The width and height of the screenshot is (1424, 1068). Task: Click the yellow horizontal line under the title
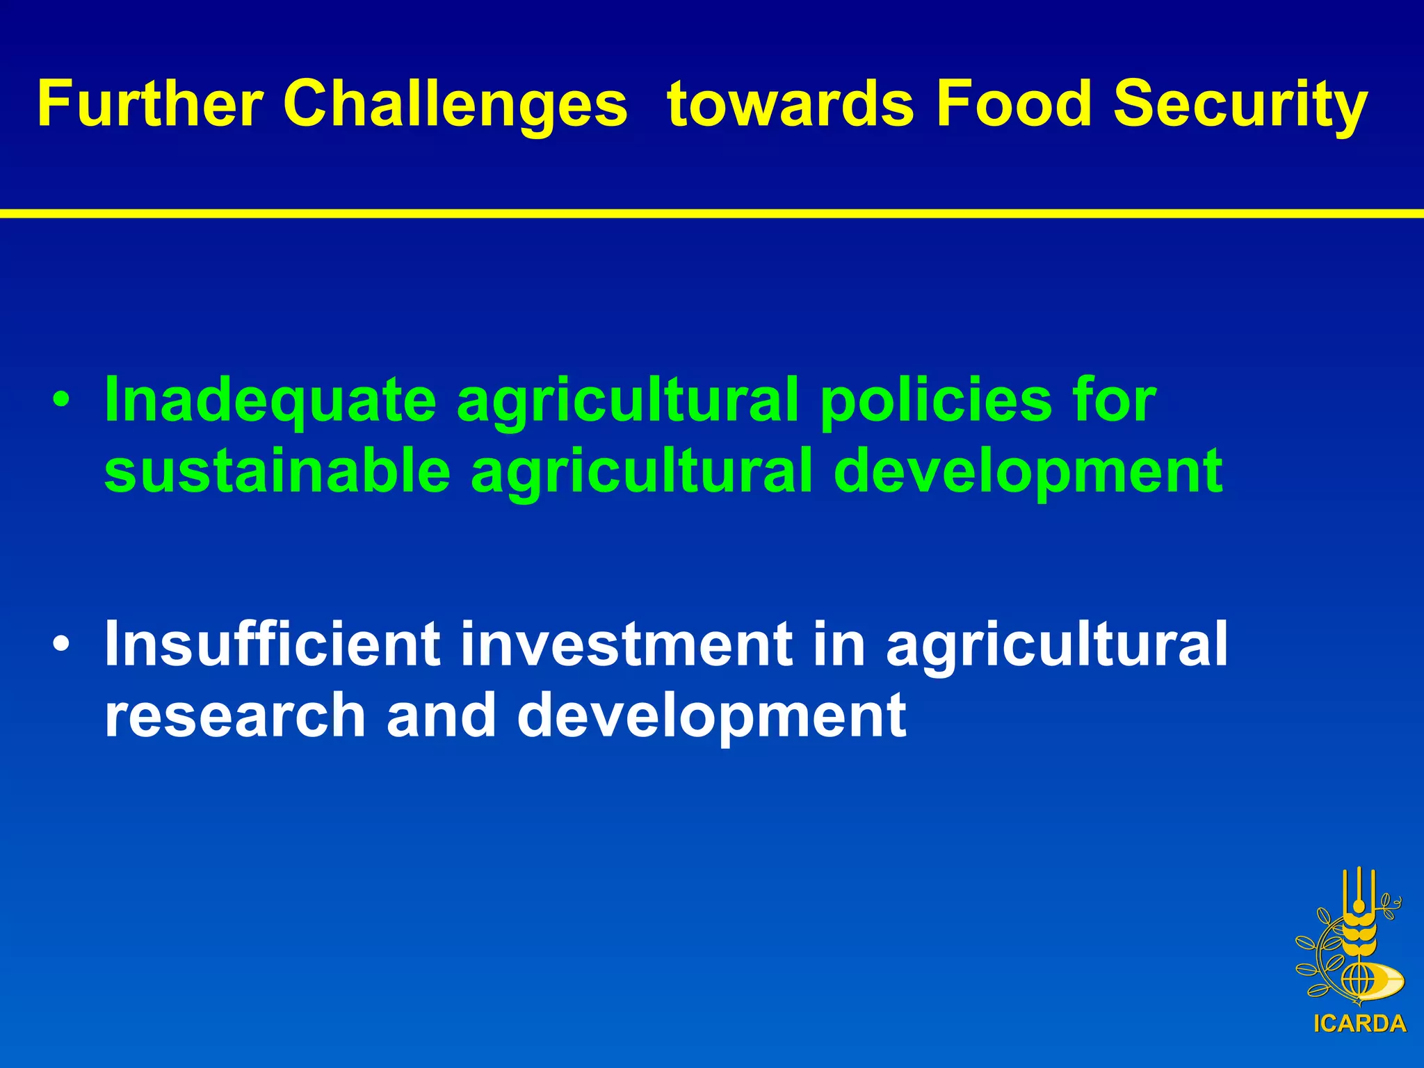point(712,213)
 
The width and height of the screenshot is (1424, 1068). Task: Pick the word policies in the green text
point(936,402)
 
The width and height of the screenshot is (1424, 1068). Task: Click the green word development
point(1028,473)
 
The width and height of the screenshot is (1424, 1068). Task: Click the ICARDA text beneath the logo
point(1359,1023)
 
